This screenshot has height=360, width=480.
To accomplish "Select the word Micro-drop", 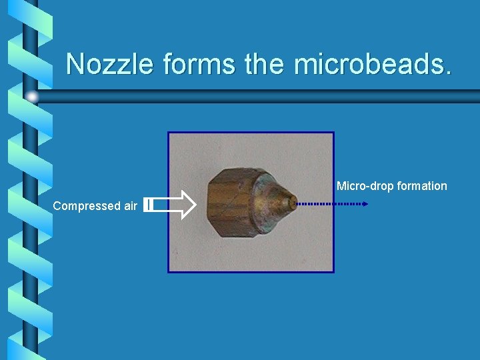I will pyautogui.click(x=365, y=186).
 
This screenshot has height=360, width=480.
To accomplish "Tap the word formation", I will pyautogui.click(x=422, y=186).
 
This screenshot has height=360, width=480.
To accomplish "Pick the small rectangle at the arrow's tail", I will pyautogui.click(x=149, y=205).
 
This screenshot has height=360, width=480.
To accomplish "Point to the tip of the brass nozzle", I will pyautogui.click(x=293, y=202).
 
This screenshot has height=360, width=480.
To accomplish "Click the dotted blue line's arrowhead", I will pyautogui.click(x=365, y=203).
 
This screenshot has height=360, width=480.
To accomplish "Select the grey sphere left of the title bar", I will pyautogui.click(x=31, y=97).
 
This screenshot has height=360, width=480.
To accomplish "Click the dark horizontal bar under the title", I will pyautogui.click(x=267, y=96).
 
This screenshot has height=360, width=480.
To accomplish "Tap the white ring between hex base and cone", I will pyautogui.click(x=256, y=200).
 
